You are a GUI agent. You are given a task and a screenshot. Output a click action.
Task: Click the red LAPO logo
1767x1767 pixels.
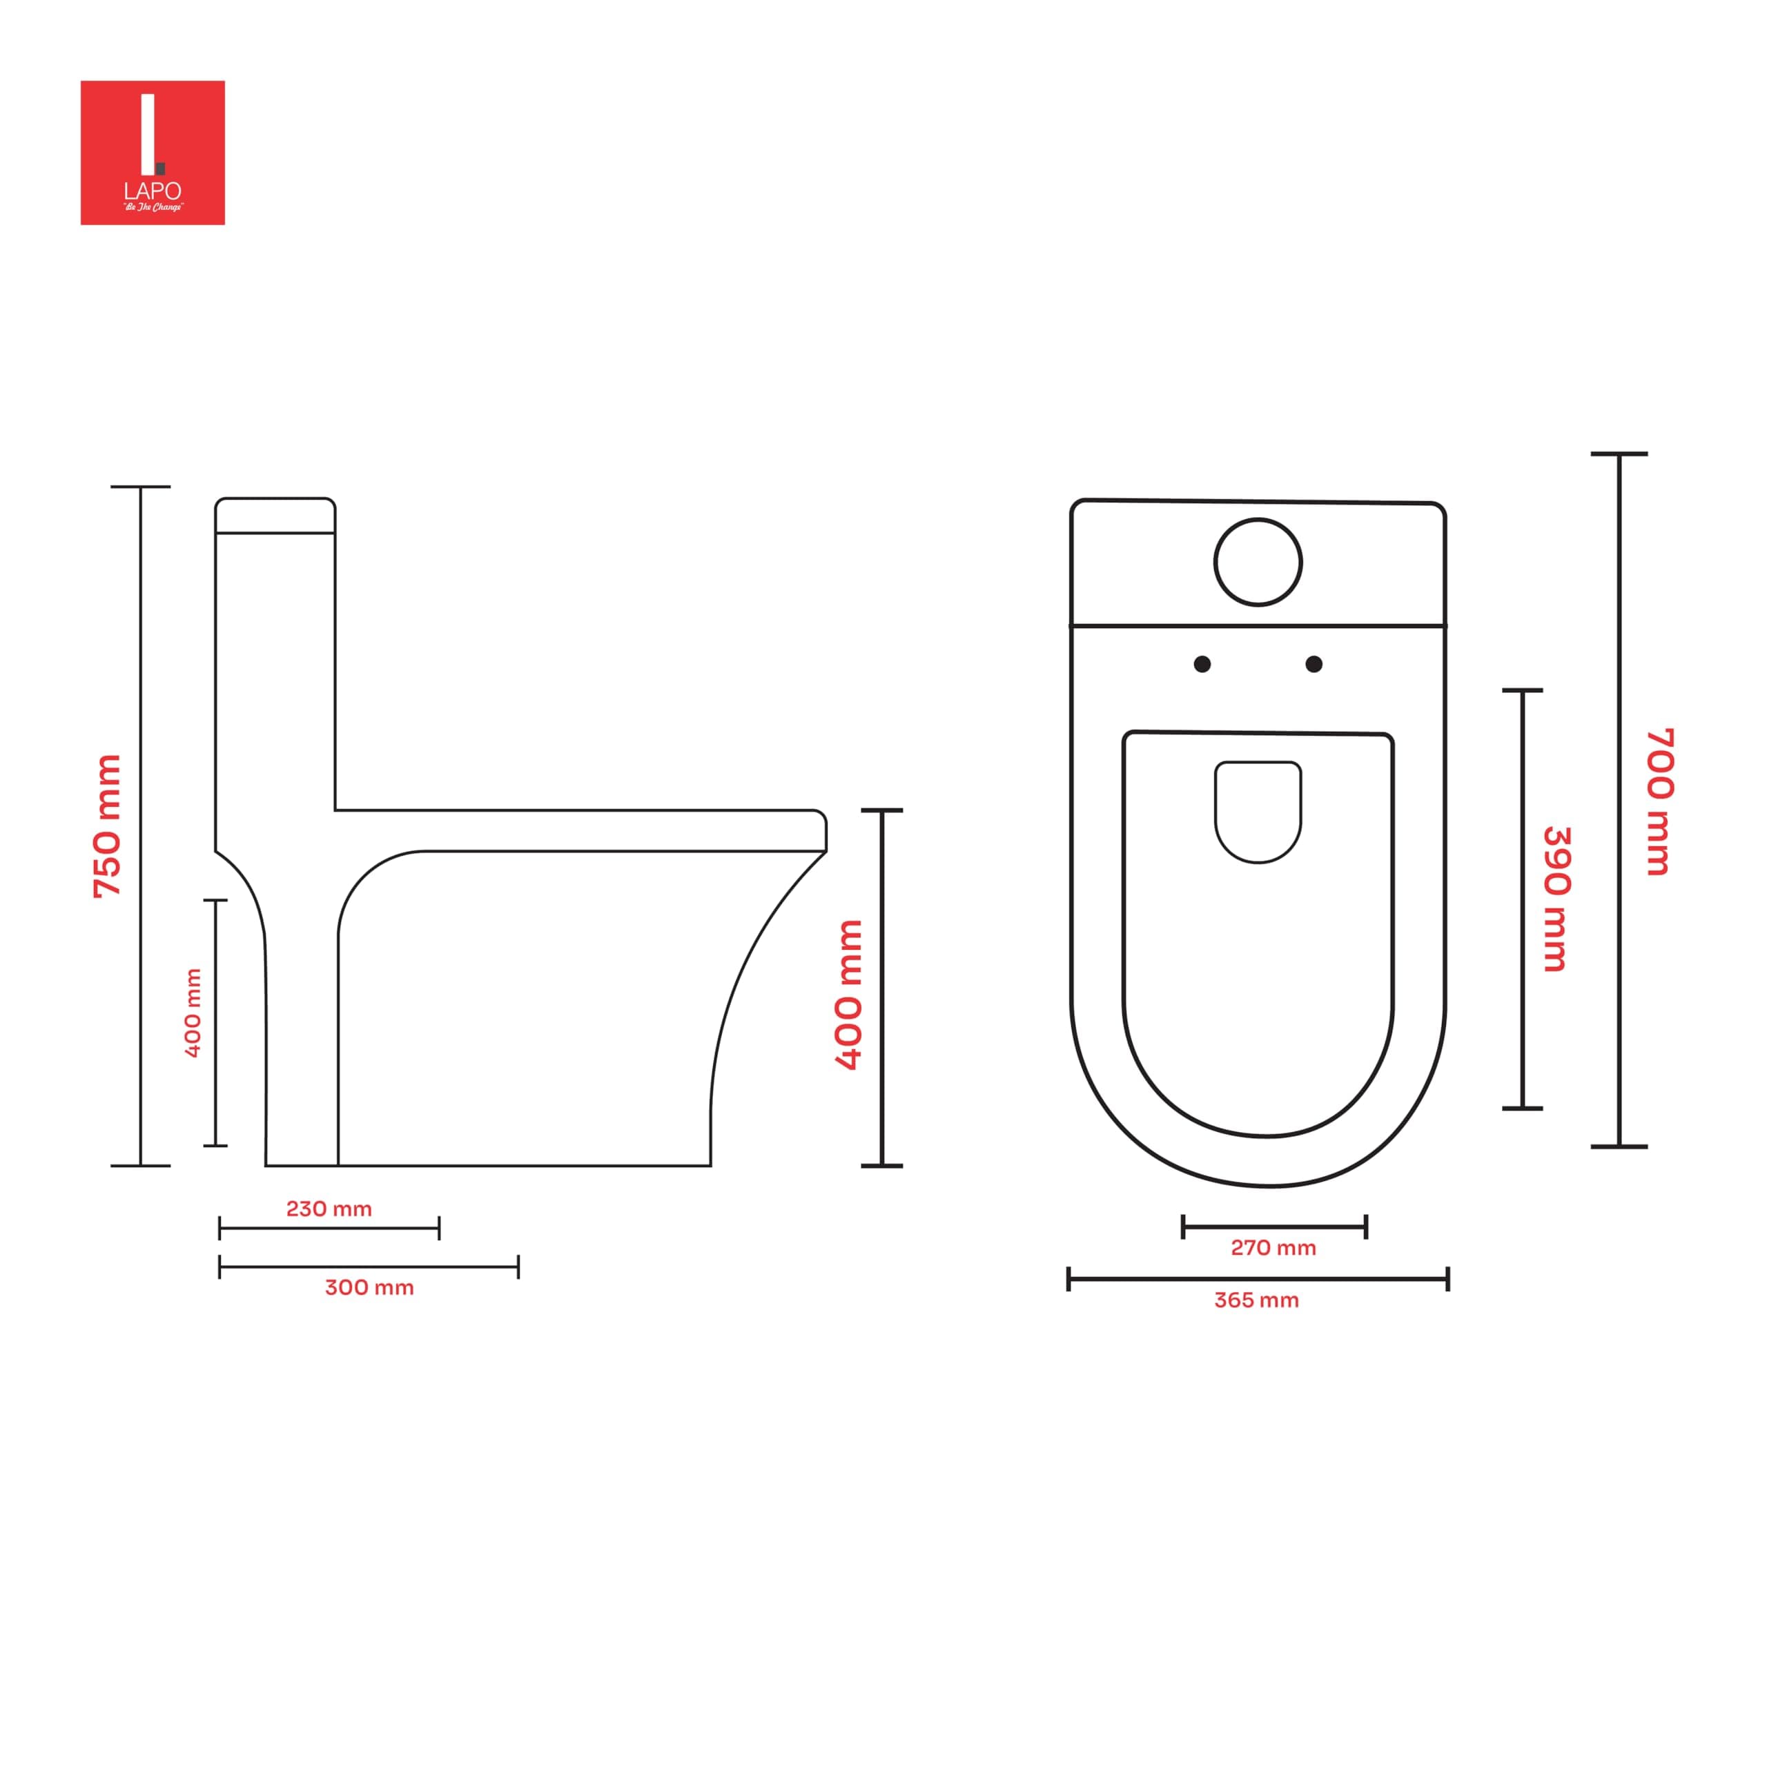click(153, 153)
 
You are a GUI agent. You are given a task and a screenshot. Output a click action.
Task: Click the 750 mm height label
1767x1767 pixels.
click(108, 826)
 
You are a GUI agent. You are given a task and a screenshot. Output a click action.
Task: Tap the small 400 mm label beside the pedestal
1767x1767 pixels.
click(193, 1013)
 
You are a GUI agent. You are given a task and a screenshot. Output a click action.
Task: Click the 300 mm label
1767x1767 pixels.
click(369, 1288)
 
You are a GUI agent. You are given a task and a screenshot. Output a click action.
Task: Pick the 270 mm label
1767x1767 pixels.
click(1273, 1247)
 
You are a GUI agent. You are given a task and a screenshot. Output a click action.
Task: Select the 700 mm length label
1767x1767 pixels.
click(1659, 802)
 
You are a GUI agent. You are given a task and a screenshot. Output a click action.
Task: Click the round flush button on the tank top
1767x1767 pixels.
click(1258, 563)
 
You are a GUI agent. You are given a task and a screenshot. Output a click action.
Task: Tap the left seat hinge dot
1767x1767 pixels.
click(1202, 664)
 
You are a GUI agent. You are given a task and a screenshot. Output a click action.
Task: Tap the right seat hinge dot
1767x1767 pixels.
click(1314, 664)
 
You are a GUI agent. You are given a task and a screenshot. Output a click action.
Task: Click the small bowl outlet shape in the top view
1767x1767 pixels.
click(1258, 810)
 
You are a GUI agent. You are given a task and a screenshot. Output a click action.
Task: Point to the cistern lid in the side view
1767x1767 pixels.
click(275, 516)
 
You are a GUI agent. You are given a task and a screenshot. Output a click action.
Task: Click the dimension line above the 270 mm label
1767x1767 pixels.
click(1274, 1227)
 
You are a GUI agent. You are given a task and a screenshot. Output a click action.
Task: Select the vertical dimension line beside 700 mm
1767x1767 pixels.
click(1619, 800)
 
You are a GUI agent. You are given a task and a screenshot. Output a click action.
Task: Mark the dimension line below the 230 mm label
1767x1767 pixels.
click(329, 1229)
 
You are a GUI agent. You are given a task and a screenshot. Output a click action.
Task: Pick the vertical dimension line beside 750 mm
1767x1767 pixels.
click(141, 826)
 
